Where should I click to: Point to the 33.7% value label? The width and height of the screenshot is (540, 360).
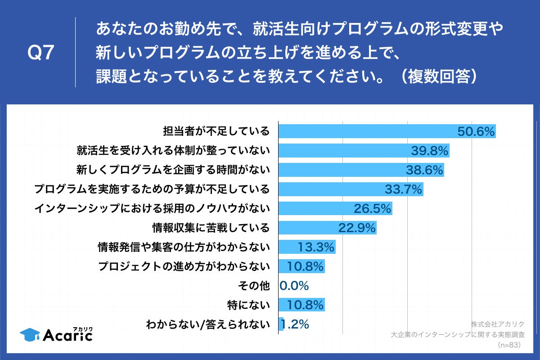coord(404,189)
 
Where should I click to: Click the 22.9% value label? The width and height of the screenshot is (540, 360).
coord(357,228)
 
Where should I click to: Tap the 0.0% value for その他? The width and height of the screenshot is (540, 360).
coord(294,286)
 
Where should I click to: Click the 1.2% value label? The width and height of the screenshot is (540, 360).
coord(295,324)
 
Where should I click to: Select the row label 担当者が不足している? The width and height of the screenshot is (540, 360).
coord(216,131)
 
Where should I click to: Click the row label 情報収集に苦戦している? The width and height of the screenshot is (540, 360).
coord(211,228)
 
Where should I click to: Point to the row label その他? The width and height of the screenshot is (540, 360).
coord(253,286)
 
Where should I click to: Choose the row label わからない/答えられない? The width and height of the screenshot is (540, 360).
coord(207,324)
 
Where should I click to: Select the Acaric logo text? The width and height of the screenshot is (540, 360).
coord(67,335)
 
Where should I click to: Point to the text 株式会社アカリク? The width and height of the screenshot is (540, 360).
coord(498,324)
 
